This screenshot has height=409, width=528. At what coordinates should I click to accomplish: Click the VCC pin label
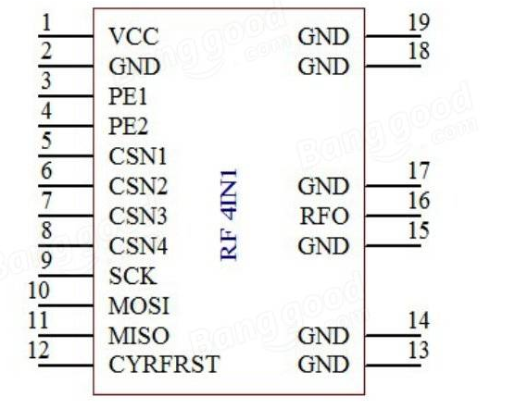[x=133, y=36]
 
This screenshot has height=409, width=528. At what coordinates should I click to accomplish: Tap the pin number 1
[x=46, y=23]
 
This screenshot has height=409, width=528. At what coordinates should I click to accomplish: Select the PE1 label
[x=128, y=96]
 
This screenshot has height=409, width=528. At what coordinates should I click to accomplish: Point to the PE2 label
[x=129, y=127]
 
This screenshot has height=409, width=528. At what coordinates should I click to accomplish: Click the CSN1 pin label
[x=138, y=156]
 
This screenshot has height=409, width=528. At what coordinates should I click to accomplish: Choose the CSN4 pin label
[x=138, y=246]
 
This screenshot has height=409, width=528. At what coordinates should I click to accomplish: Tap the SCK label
[x=132, y=276]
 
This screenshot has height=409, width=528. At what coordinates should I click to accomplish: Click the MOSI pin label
[x=139, y=305]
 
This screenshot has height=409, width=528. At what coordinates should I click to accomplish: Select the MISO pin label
[x=139, y=336]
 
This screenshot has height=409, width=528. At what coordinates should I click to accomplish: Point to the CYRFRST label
[x=164, y=365]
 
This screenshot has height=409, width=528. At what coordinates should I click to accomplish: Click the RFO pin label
[x=324, y=216]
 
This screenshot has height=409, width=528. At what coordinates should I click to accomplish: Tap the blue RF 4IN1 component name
[x=230, y=215]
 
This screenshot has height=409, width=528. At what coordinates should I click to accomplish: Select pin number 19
[x=419, y=22]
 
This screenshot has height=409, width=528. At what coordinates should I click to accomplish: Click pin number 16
[x=419, y=201]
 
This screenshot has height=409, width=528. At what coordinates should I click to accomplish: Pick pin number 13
[x=419, y=350]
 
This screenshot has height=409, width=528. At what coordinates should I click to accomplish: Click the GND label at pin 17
[x=323, y=186]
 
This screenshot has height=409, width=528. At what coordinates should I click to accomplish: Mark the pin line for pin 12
[x=66, y=366]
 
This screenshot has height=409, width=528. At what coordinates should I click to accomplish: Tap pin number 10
[x=39, y=291]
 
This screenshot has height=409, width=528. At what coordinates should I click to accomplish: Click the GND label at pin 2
[x=134, y=67]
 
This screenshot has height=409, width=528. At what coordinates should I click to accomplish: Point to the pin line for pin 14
[x=393, y=336]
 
